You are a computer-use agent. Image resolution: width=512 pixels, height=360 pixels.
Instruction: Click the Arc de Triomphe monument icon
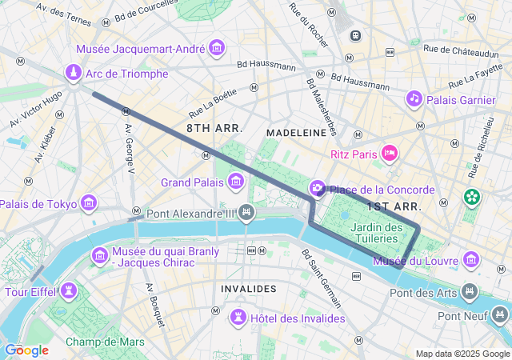click(73, 74)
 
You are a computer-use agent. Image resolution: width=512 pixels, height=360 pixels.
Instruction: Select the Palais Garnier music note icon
click(414, 99)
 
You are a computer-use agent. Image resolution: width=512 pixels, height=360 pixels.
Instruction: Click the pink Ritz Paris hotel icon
click(390, 153)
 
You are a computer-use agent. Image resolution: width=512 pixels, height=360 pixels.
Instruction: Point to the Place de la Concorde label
click(382, 190)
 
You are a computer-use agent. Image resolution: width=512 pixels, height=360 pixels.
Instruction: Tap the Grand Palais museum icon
click(236, 183)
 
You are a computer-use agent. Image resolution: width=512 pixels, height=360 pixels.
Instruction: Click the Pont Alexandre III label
click(191, 214)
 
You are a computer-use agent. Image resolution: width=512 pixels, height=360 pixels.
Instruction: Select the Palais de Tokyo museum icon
click(88, 204)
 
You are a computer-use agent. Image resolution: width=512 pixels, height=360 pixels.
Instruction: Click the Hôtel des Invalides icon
click(238, 318)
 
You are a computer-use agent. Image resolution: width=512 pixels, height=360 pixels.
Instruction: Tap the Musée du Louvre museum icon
click(472, 260)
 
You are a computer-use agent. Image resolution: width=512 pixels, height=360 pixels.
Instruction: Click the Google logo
click(26, 350)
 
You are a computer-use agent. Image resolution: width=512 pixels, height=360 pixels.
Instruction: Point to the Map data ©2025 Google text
click(462, 354)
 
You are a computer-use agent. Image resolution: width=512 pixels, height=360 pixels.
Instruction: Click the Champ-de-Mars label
click(105, 342)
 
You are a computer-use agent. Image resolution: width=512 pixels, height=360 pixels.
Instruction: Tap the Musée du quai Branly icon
click(100, 256)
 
